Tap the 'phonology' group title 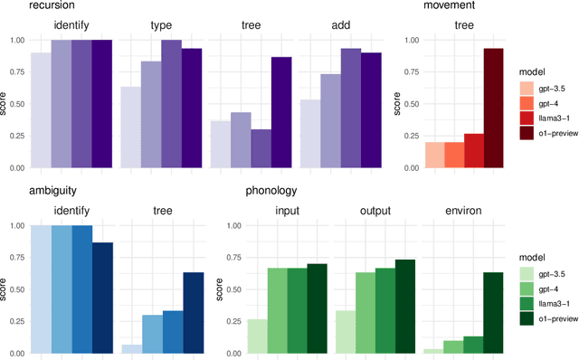pos(271,191)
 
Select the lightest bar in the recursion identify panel pos(40,110)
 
